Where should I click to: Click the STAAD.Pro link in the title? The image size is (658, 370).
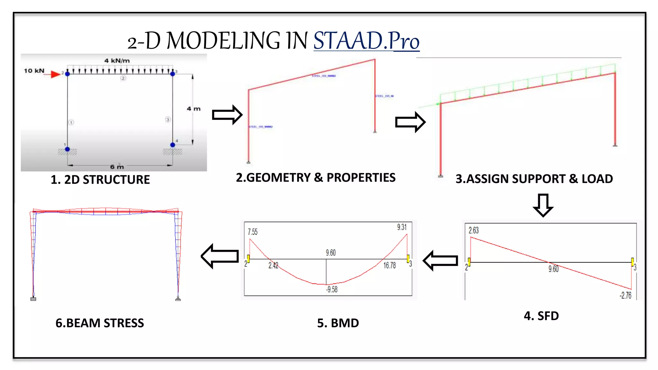tap(366, 41)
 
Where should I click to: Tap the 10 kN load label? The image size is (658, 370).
tap(34, 71)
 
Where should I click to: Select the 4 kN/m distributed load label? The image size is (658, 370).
tap(117, 61)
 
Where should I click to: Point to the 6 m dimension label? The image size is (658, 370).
tap(117, 167)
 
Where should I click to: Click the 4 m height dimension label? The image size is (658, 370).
tap(194, 109)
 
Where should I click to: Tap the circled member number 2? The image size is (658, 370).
tap(123, 78)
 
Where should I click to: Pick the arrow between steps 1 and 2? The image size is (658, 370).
tap(227, 115)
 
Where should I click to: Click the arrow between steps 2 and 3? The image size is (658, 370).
tap(410, 122)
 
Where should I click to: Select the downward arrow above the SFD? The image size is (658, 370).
tap(543, 205)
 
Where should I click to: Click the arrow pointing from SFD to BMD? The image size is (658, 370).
tap(440, 260)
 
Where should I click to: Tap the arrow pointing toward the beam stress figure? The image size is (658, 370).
tap(220, 256)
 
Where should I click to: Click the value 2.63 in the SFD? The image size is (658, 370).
tap(474, 230)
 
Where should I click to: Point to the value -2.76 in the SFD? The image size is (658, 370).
tap(625, 295)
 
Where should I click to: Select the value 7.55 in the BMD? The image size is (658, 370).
tap(253, 232)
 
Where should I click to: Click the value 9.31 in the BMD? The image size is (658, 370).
tap(402, 227)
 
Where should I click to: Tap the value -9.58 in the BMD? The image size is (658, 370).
tap(332, 289)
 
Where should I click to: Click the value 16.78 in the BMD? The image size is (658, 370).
tap(389, 265)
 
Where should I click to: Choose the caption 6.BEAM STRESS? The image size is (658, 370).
tap(100, 323)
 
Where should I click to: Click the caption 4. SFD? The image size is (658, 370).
tap(541, 316)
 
